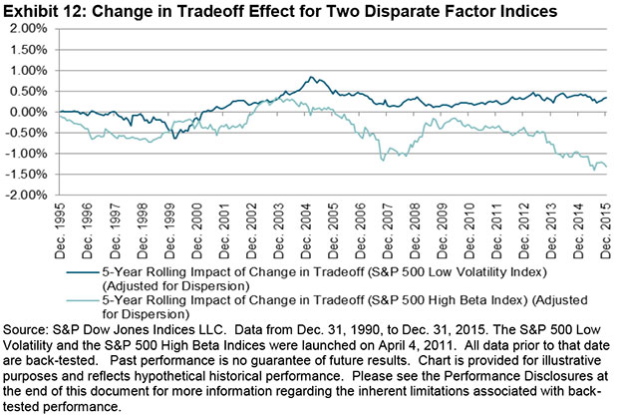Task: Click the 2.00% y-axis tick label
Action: [x=31, y=28]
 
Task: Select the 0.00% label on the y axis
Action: [x=31, y=112]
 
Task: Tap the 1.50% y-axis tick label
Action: [x=31, y=49]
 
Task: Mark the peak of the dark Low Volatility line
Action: [x=312, y=77]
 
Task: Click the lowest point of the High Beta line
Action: [x=595, y=171]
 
